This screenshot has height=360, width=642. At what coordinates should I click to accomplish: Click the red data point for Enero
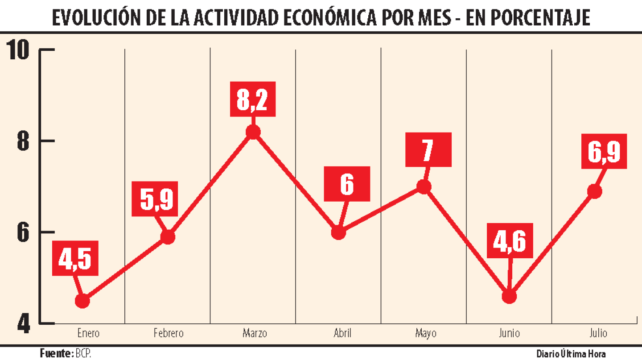click(82, 301)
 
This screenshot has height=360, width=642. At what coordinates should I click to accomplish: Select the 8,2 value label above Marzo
click(252, 99)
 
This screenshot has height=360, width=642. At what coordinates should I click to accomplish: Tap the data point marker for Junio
click(509, 297)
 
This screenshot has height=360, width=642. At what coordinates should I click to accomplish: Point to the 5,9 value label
click(155, 199)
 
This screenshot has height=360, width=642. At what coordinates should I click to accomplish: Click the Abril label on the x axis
click(342, 333)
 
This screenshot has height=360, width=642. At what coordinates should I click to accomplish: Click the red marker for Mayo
click(423, 186)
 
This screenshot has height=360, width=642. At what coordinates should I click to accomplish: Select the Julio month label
click(598, 333)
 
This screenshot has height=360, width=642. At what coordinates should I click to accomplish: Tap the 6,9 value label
click(604, 151)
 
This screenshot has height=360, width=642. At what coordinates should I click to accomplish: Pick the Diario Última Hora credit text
click(571, 354)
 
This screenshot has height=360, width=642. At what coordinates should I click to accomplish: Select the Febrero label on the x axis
click(169, 333)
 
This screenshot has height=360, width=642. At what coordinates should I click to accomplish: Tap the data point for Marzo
click(253, 132)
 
